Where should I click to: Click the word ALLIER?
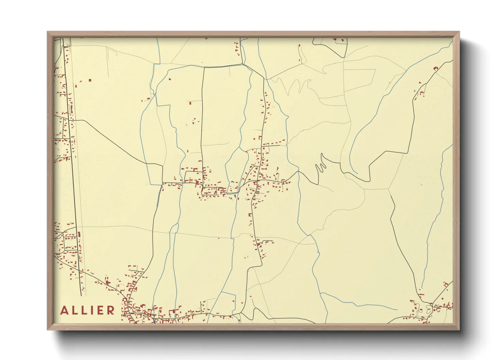pos(88,310)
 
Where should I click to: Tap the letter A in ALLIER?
pos(64,310)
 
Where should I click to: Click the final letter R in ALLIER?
pos(111,310)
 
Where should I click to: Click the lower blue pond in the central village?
pos(235,196)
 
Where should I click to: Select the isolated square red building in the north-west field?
pos(90,80)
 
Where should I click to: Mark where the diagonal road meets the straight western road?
pos(71,120)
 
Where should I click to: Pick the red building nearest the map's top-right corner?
pos(435,69)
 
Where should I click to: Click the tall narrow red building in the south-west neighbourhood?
pos(79,234)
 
